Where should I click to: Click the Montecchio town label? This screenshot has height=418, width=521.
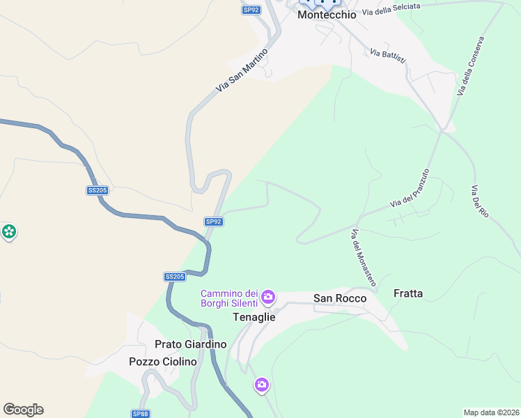[x=327, y=15]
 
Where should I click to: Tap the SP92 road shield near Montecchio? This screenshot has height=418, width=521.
[x=251, y=10]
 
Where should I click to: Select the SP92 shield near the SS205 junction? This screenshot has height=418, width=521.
[x=214, y=222]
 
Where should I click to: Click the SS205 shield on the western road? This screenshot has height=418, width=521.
[x=98, y=190]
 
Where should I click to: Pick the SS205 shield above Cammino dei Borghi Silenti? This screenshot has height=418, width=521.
[x=175, y=277]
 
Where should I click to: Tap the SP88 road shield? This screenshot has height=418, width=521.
[x=140, y=414]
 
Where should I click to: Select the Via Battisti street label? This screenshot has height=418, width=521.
[x=388, y=56]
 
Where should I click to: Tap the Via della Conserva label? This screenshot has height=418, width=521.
[x=470, y=66]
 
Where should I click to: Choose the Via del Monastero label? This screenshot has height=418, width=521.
[x=364, y=258]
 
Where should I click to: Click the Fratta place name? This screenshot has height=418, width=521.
[x=408, y=293]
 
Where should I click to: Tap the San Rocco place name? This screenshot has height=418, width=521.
[x=340, y=298]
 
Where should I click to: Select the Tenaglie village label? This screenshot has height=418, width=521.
[x=254, y=317]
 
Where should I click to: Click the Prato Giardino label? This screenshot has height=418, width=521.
[x=191, y=344]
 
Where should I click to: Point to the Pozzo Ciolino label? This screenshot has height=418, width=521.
[x=163, y=362]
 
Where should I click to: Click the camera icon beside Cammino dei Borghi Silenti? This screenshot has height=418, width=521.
[x=268, y=298]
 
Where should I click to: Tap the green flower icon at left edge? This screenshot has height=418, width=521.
[x=9, y=231]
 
